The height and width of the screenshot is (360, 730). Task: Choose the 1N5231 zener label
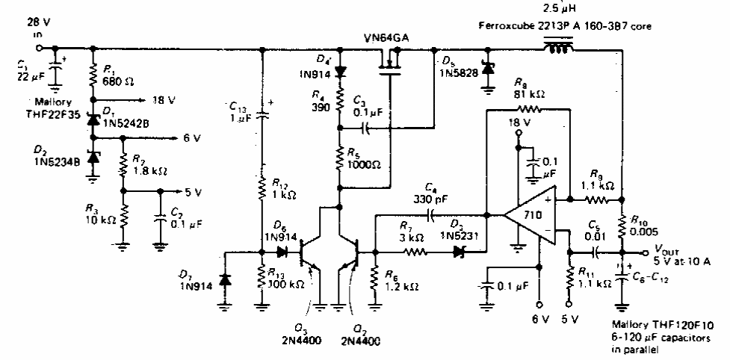pyautogui.click(x=458, y=237)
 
